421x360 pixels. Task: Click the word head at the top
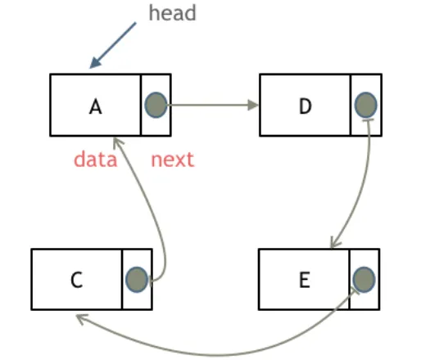point(172,13)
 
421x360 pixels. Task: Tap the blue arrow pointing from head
point(113,45)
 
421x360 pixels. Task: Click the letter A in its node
point(96,106)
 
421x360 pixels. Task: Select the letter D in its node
point(306,106)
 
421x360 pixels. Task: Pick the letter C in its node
point(77,280)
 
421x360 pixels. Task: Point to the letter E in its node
point(305,280)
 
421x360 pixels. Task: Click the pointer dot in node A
point(156,105)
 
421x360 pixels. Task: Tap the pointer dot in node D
point(366,105)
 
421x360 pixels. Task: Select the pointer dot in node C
point(137,280)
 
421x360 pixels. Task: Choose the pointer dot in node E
point(364,280)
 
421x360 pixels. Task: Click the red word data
point(96,160)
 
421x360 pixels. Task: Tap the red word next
point(173,160)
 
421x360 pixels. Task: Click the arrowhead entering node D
point(253,105)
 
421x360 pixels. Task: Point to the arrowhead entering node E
point(335,243)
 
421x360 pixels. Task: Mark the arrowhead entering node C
point(81,319)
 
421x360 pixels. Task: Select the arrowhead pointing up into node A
point(118,142)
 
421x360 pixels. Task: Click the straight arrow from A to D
point(213,105)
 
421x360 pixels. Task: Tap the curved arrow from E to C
point(215,355)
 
